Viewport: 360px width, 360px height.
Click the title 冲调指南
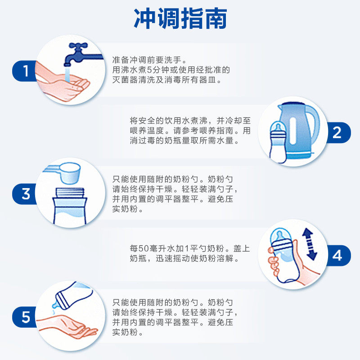point(180,19)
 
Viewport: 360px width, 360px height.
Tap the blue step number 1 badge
point(26,71)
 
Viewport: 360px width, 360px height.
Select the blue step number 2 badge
point(337,133)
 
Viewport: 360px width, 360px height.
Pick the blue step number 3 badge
point(26,194)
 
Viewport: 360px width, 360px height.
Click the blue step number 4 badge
point(337,256)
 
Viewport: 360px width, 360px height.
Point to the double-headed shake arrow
point(309,244)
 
